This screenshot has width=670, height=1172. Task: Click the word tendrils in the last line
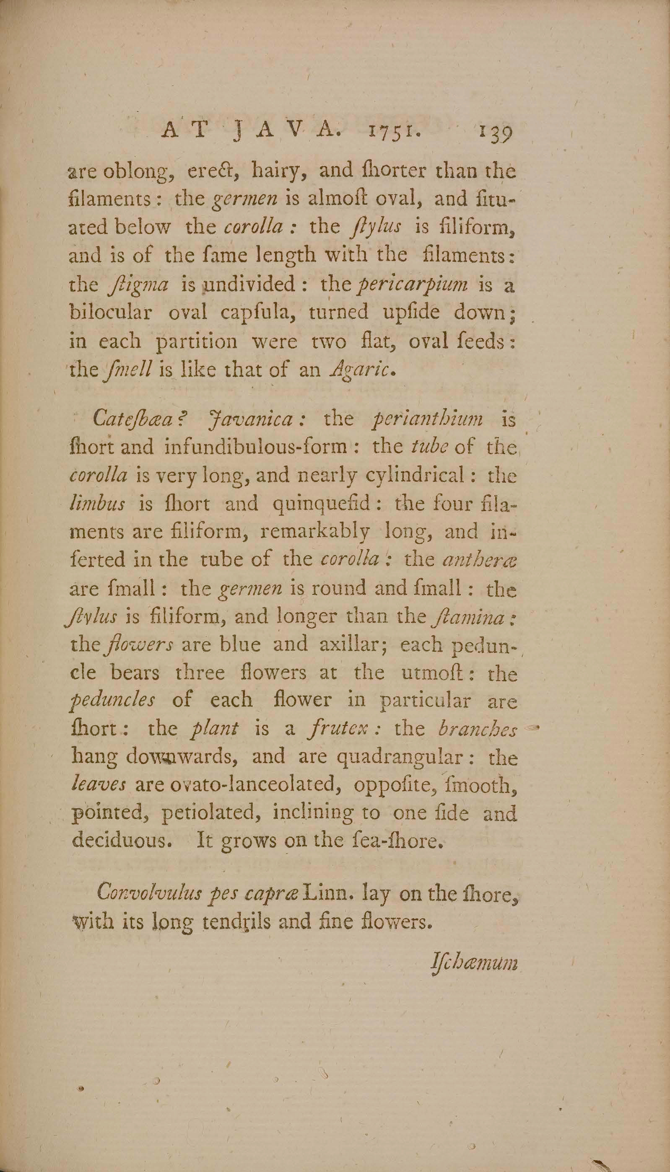[x=239, y=922]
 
